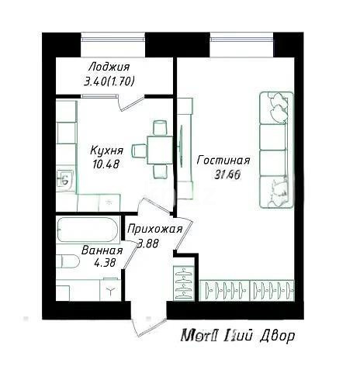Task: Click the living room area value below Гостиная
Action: tap(223, 174)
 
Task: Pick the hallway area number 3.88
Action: tap(150, 244)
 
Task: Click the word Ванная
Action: tap(102, 251)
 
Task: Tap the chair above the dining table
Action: tap(159, 127)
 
